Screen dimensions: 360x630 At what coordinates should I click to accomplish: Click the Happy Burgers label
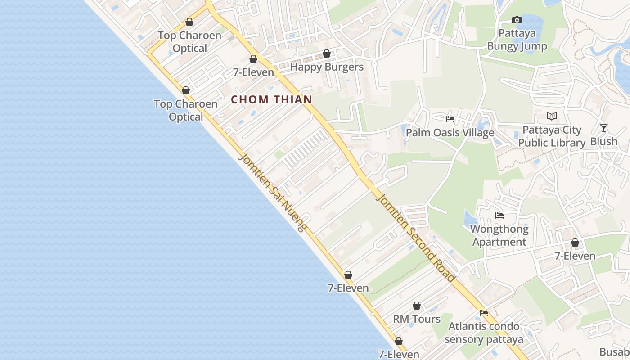point(326,67)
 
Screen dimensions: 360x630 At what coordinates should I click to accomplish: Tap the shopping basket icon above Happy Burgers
point(327,54)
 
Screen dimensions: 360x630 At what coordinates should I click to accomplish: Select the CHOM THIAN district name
point(271,99)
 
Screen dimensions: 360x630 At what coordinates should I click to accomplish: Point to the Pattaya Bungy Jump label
point(517,40)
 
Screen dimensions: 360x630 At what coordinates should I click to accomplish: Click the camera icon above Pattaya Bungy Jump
point(517,20)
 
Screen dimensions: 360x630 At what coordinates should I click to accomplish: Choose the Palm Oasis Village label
point(450,133)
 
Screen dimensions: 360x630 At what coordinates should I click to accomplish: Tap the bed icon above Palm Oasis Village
point(450,119)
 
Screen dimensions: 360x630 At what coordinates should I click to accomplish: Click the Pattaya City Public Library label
point(552,136)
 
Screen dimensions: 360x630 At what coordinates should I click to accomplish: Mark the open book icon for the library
point(552,117)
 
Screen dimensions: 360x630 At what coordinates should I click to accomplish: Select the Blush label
point(603,141)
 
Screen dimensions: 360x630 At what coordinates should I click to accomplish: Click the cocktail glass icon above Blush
point(604,128)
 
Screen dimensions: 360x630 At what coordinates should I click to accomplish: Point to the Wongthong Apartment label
point(499,235)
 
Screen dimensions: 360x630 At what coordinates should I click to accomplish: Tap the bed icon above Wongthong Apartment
point(499,216)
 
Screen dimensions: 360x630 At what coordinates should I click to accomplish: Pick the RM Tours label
point(417,319)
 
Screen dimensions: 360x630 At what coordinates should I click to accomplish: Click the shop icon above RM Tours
point(417,306)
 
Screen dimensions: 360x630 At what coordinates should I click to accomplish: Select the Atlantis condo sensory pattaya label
point(484,333)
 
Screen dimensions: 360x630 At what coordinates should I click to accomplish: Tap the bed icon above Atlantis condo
point(484,313)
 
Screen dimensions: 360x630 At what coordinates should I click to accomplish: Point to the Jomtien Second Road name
point(416,238)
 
